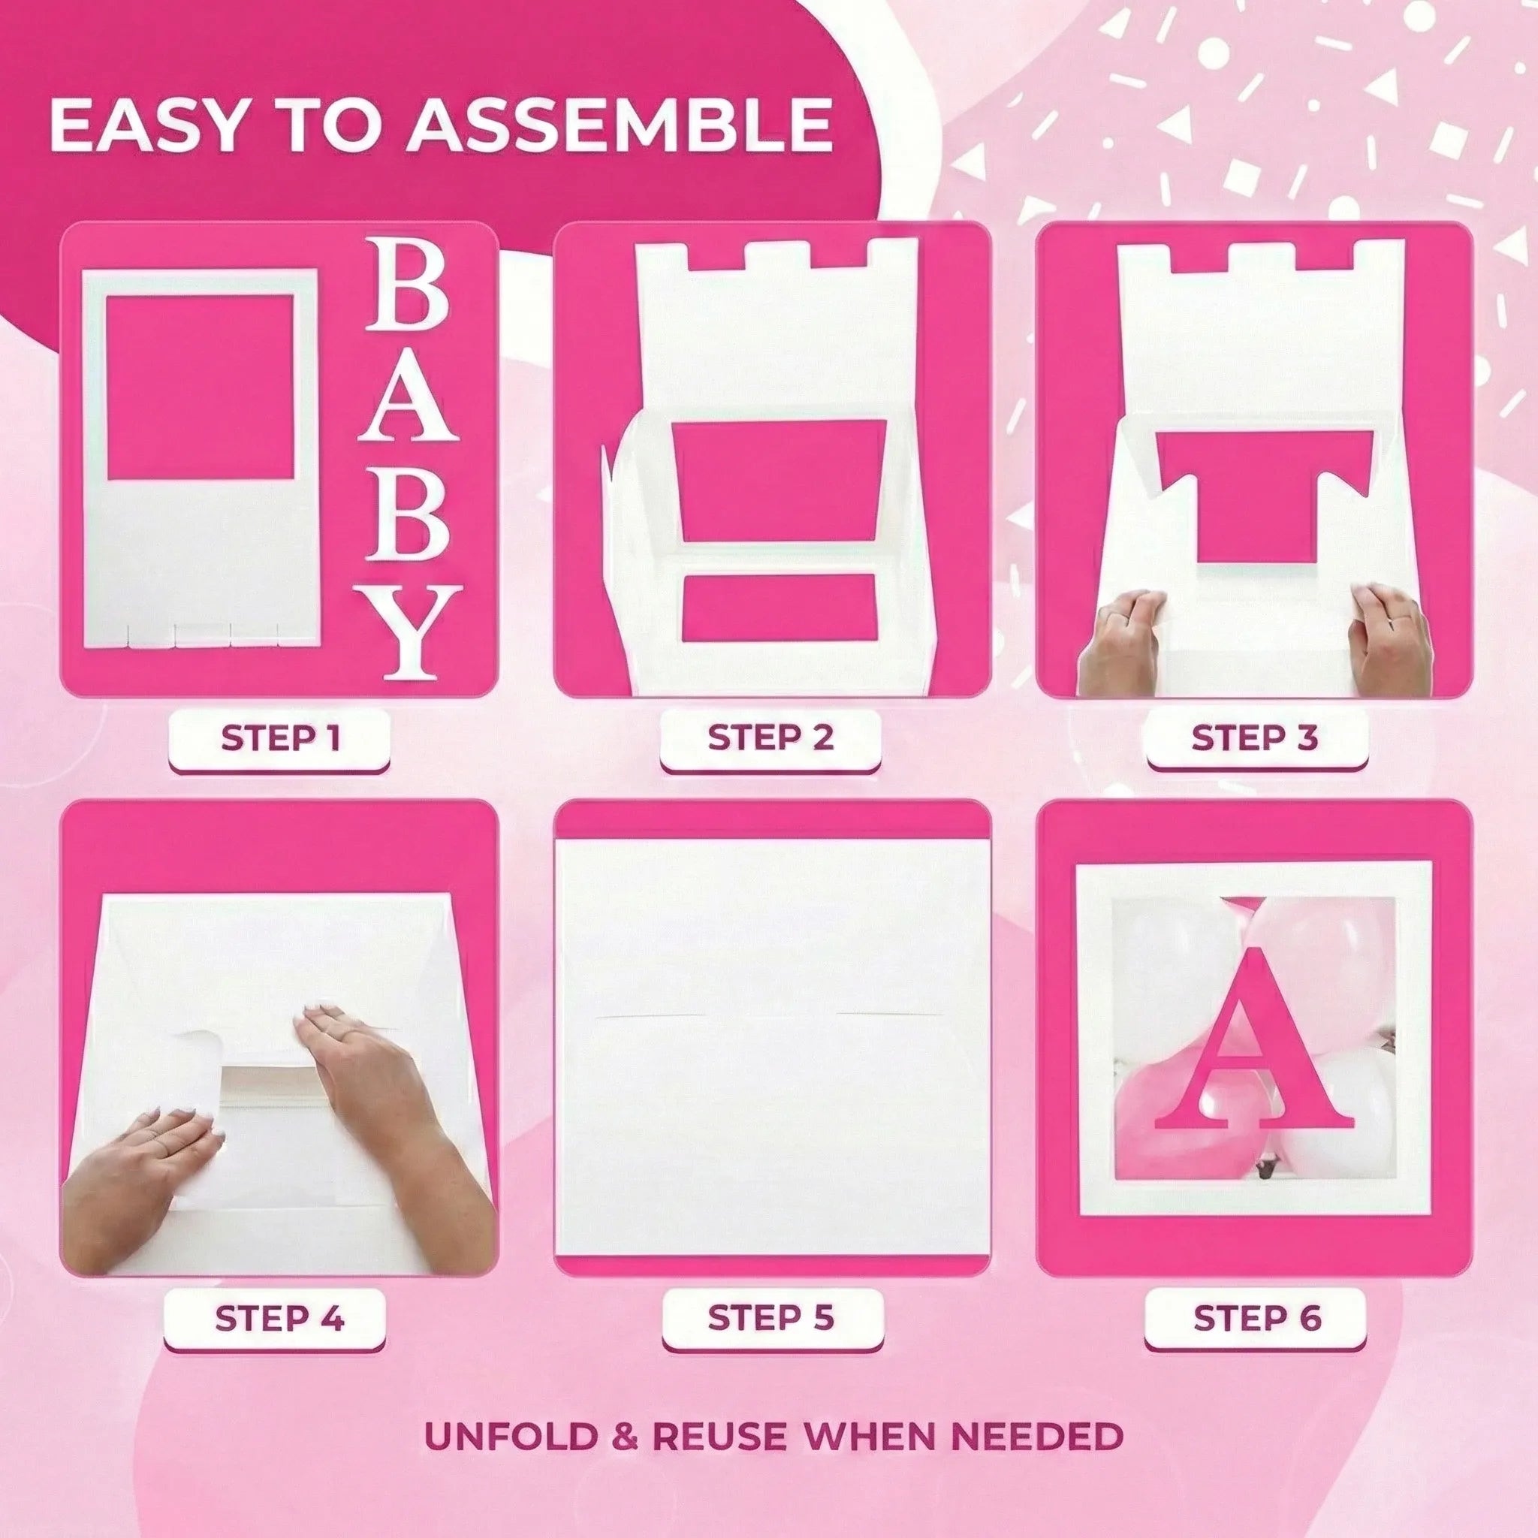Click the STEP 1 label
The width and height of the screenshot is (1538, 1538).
pyautogui.click(x=279, y=739)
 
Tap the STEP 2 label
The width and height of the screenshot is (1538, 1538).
pyautogui.click(x=770, y=737)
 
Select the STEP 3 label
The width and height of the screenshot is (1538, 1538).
pyautogui.click(x=1256, y=738)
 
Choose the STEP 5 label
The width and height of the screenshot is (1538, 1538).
pyautogui.click(x=771, y=1317)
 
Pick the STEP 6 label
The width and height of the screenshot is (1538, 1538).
pyautogui.click(x=1257, y=1318)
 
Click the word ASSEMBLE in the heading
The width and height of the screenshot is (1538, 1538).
pyautogui.click(x=620, y=125)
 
